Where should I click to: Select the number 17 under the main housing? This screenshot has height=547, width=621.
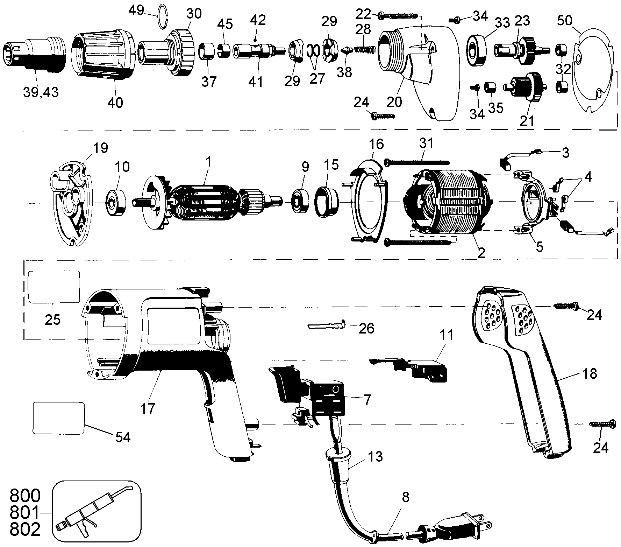pos(148,408)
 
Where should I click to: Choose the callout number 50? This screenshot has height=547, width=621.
pos(565,21)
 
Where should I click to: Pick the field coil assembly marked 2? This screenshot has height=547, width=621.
pos(448,202)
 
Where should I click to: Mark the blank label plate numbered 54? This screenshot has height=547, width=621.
pos(59,418)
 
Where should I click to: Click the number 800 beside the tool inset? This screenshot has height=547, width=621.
pos(25,496)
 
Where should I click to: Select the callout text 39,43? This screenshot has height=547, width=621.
pos(41,92)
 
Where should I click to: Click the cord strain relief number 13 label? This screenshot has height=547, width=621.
pos(375,457)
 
